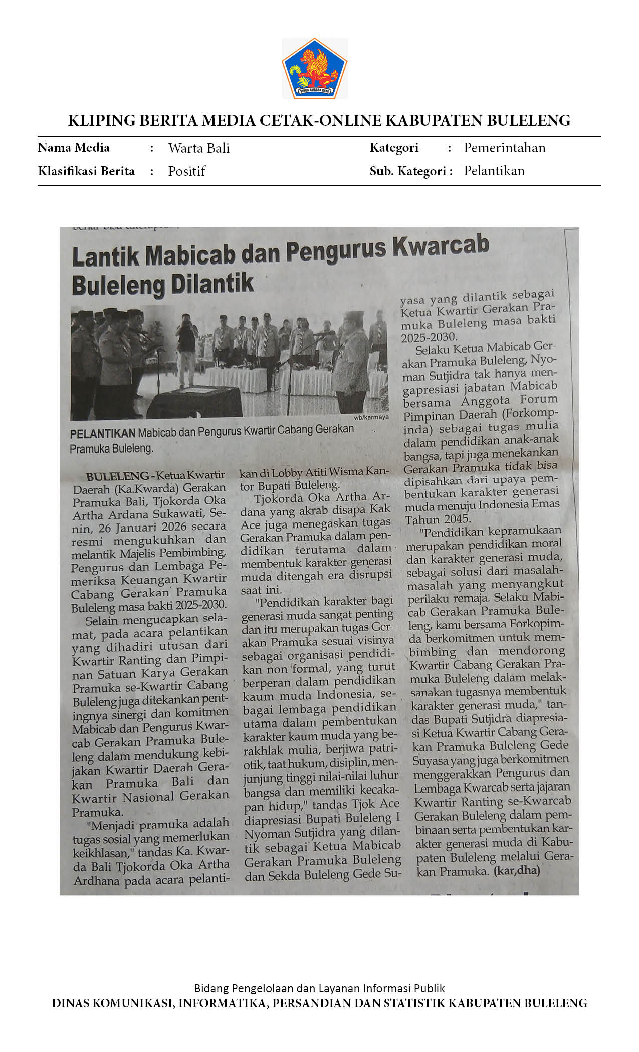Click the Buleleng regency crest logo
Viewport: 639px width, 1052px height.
pos(315,69)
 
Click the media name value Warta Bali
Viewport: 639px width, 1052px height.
pos(198,148)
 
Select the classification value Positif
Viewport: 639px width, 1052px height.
pos(186,171)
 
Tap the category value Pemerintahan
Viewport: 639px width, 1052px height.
pos(504,148)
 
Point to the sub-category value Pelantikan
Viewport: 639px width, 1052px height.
pos(494,171)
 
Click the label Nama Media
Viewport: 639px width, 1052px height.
pos(74,148)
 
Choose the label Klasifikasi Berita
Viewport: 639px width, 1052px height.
pos(86,171)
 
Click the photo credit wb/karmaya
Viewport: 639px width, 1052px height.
pos(371,417)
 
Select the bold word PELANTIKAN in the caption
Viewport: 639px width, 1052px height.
pos(102,433)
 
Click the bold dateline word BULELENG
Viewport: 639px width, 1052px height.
pos(117,476)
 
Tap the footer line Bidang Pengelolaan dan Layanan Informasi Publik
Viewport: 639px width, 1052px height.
pos(319,988)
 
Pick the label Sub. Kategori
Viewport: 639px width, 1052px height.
pos(410,171)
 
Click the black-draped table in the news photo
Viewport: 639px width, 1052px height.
pos(195,401)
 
